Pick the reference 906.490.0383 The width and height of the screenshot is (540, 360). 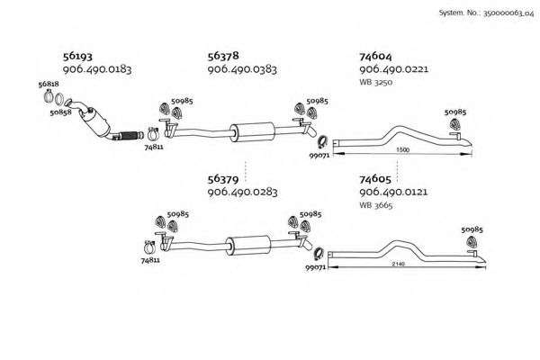click(242, 69)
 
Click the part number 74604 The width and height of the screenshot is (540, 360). click(377, 54)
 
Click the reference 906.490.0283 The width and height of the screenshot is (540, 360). click(242, 192)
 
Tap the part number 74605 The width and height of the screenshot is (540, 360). click(377, 177)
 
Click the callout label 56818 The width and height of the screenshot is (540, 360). click(49, 85)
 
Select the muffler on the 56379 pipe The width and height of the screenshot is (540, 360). click(241, 243)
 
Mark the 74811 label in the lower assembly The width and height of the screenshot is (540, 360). click(150, 260)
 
